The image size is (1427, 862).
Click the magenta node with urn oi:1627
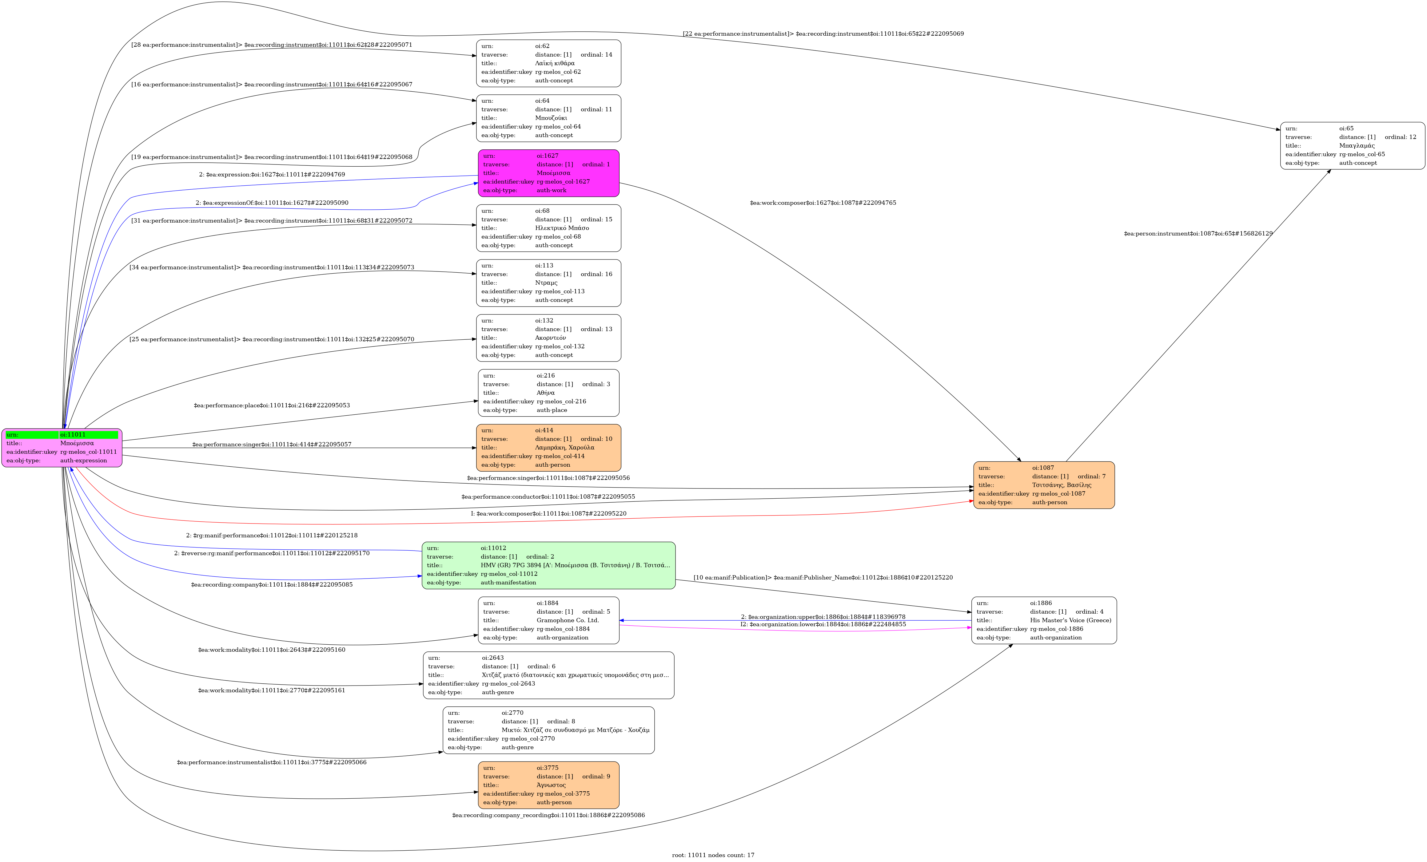pos(548,173)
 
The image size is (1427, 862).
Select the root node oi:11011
pos(62,448)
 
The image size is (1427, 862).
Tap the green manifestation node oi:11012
pos(548,565)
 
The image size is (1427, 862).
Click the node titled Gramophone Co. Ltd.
pos(548,620)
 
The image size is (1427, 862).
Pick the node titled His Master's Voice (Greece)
pos(1044,620)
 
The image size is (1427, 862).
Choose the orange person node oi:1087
pos(1044,485)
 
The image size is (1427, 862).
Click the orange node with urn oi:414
pos(548,448)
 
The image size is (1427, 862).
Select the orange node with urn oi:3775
pos(548,785)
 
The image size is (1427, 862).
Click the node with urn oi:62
pos(548,63)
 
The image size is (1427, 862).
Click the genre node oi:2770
pos(548,730)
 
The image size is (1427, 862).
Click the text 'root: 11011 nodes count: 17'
pos(713,855)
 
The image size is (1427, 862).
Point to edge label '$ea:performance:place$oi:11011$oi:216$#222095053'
pos(272,405)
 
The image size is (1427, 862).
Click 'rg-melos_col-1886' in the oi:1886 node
pos(1056,629)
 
